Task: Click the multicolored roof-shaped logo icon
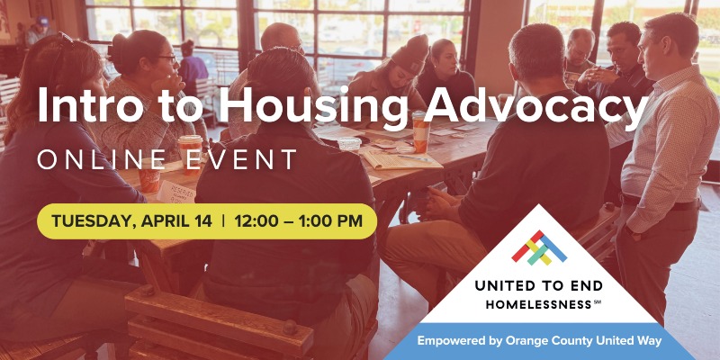pos(539,247)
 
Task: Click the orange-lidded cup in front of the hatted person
pos(420,131)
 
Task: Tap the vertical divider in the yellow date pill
pos(223,220)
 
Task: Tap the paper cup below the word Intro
pos(189,149)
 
